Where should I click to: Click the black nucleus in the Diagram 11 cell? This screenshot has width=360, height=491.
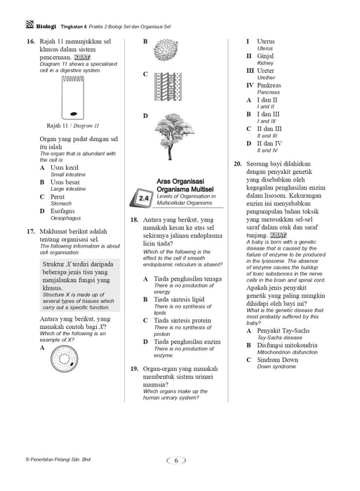[73, 114]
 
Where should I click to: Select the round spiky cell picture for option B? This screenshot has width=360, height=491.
[166, 50]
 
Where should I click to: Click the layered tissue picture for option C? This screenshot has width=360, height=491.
[168, 87]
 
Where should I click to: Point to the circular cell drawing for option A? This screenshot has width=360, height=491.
[64, 359]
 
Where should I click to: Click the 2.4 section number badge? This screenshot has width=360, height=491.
[141, 198]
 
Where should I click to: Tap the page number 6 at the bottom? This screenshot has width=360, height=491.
[175, 460]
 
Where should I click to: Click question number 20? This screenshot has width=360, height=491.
[238, 163]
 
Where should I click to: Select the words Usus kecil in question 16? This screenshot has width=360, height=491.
[65, 168]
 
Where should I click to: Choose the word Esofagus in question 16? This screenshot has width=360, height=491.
[62, 211]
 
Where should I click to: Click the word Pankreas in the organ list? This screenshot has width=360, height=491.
[269, 85]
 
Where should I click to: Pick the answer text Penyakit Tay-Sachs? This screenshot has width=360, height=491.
[284, 330]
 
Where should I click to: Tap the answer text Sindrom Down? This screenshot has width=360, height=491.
[277, 360]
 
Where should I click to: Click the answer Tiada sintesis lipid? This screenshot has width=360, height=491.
[179, 300]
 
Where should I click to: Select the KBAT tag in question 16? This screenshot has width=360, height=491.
[82, 58]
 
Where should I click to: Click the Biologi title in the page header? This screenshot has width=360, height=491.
[46, 27]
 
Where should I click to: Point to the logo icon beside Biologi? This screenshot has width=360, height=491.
[29, 25]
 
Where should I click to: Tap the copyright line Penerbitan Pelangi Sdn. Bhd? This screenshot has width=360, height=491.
[58, 459]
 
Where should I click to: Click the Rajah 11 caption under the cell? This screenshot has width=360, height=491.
[72, 126]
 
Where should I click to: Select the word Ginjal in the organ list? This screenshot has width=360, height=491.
[265, 56]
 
